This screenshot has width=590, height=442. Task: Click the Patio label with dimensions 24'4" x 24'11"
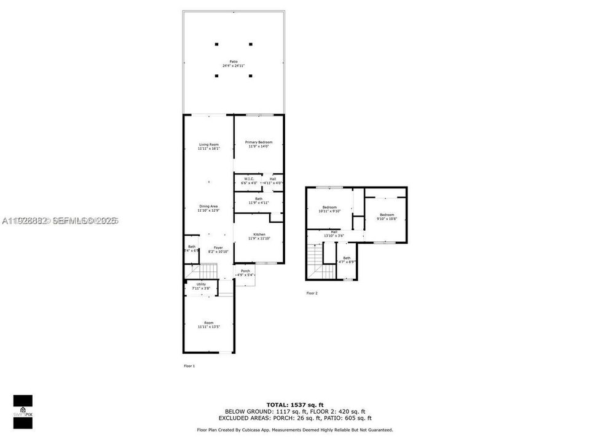click(x=234, y=63)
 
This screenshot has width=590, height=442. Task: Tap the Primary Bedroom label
click(x=259, y=144)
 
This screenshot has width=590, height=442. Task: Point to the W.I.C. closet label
click(x=248, y=180)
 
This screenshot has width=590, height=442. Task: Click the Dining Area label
click(x=208, y=208)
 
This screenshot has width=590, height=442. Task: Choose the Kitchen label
click(x=259, y=236)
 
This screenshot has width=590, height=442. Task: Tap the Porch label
click(x=245, y=273)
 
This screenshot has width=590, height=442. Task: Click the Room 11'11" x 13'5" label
click(x=208, y=325)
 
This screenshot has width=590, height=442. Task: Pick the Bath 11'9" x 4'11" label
click(x=259, y=201)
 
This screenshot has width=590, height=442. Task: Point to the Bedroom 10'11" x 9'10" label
click(x=329, y=209)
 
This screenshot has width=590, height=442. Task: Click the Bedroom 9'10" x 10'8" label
click(x=387, y=217)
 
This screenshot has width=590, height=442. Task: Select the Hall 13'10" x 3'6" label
click(x=334, y=234)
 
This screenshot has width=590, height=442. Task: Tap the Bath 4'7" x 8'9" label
click(x=347, y=260)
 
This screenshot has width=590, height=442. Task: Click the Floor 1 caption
click(x=189, y=366)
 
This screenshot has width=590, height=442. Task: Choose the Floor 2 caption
click(x=312, y=293)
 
